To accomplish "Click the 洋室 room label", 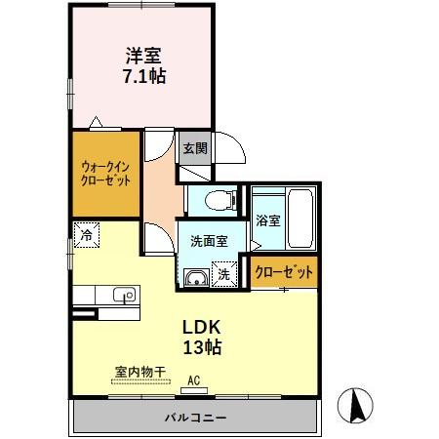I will tap(143, 55).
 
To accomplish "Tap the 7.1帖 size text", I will tap(143, 76).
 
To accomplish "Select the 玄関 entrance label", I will tap(194, 148).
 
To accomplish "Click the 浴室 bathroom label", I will tap(266, 220).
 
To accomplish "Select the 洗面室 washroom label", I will tap(209, 241).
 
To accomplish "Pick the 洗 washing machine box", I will tap(224, 276).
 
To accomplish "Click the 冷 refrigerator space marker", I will tap(87, 236).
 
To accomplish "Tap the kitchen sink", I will tap(123, 295).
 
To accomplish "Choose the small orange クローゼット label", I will tap(284, 273).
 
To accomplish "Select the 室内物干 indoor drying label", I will tap(140, 371).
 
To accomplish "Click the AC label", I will tap(193, 380).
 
